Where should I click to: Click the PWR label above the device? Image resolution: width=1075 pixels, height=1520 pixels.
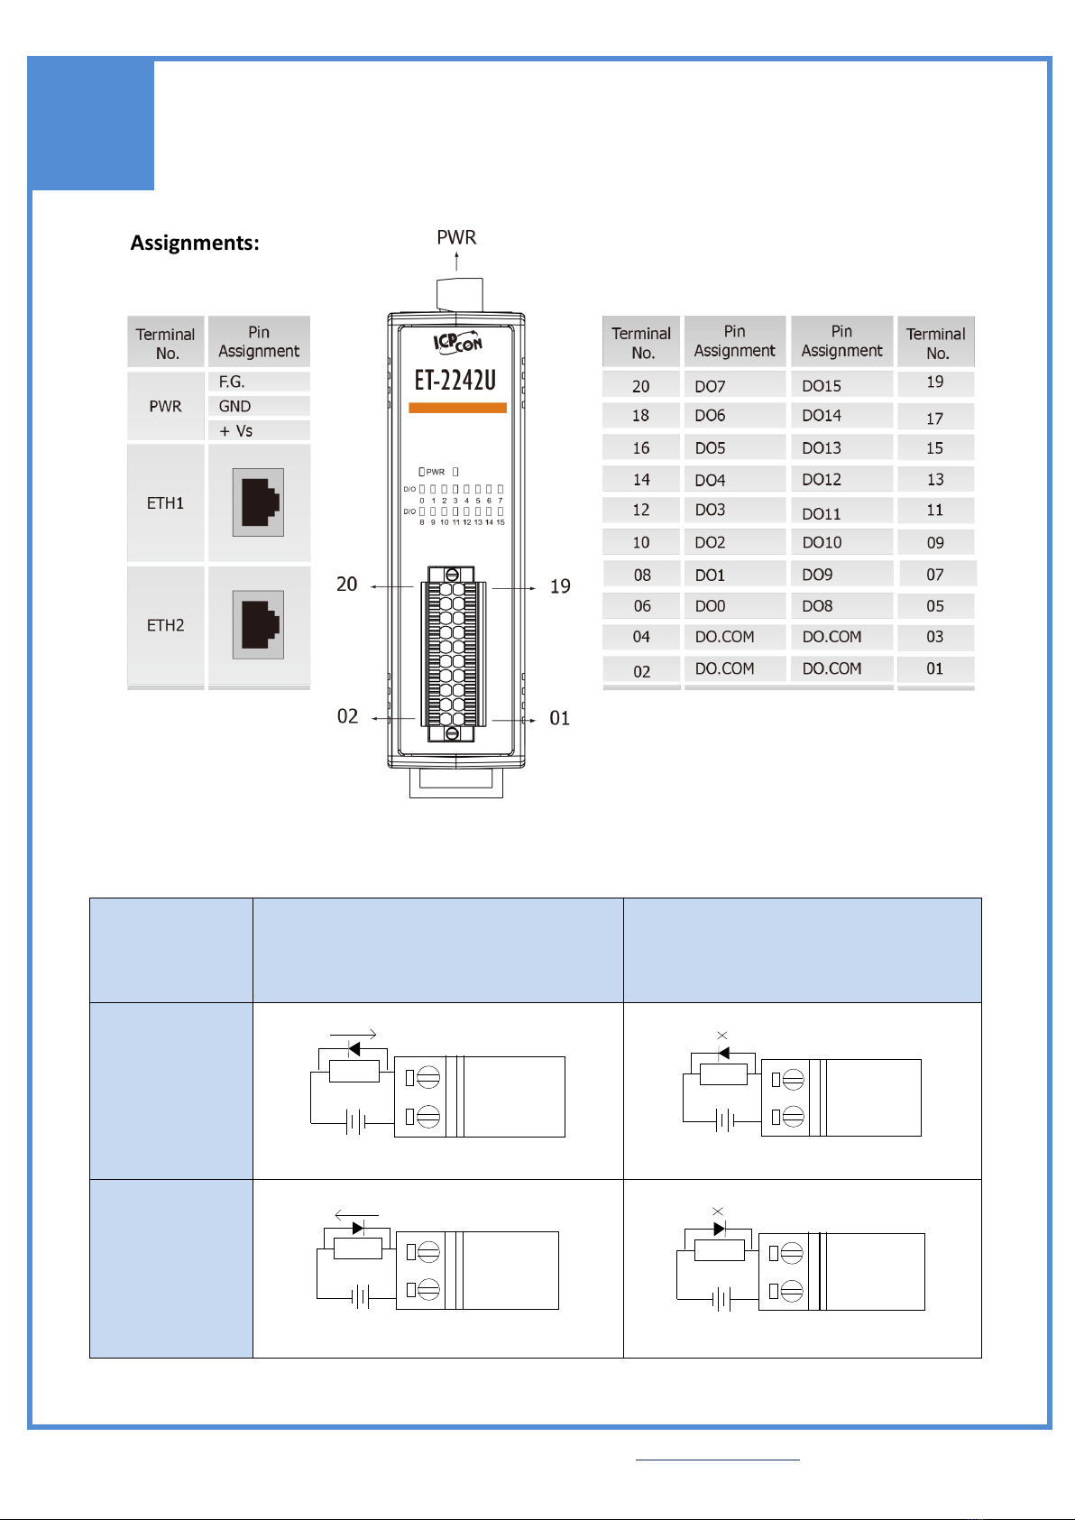coord(456,238)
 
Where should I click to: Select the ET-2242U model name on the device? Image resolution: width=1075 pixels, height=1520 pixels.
coord(455,381)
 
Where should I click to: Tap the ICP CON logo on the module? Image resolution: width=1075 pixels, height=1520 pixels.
coord(458,343)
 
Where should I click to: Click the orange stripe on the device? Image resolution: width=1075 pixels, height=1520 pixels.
coord(457,408)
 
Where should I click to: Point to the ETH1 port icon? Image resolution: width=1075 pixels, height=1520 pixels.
coord(259,502)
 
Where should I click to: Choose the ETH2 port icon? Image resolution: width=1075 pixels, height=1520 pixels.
coord(259,624)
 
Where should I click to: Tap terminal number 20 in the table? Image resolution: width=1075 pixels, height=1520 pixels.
coord(641,386)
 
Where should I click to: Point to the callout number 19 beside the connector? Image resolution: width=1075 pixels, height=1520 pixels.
coord(560,587)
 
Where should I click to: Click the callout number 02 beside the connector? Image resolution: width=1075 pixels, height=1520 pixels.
coord(348,717)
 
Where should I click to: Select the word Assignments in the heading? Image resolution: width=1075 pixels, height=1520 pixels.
coord(195,243)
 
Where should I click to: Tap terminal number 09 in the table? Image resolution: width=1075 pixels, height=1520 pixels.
coord(936,543)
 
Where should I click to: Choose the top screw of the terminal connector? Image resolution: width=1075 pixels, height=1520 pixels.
coord(452,575)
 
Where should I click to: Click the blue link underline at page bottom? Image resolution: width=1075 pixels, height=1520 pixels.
coord(717,1459)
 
